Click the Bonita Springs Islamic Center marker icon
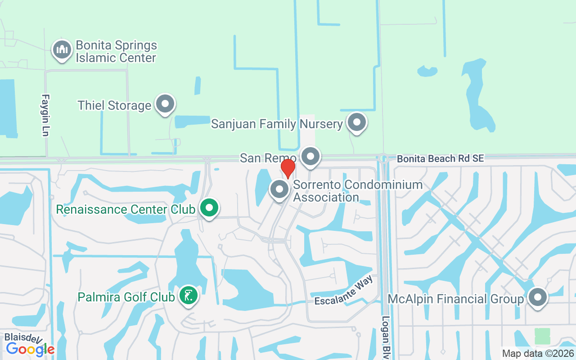click(x=62, y=50)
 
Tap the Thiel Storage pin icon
click(x=165, y=104)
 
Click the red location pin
click(x=288, y=168)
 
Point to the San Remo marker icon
click(x=310, y=157)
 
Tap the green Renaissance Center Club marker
click(x=209, y=208)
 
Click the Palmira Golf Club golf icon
click(x=188, y=296)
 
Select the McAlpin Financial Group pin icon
click(x=537, y=297)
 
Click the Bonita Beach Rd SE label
click(x=440, y=158)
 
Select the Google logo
click(x=30, y=349)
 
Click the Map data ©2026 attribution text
click(x=538, y=354)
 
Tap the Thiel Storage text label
click(x=114, y=105)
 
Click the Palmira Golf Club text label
click(x=126, y=297)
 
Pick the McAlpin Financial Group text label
click(x=456, y=299)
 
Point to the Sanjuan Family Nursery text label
click(x=277, y=124)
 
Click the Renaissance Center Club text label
click(x=126, y=209)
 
